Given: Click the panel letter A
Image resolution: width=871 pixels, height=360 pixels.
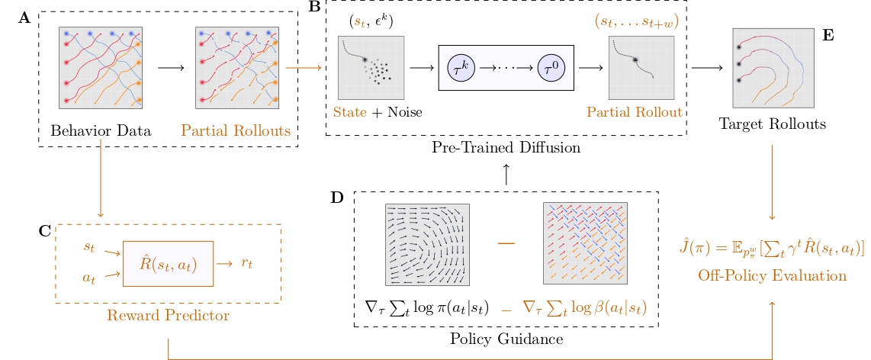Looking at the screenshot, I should click(24, 18).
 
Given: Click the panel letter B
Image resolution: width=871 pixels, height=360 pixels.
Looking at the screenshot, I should click(314, 8).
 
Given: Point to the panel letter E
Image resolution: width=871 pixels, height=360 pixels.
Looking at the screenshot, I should click(828, 35).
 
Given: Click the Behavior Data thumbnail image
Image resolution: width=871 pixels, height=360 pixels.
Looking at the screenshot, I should click(101, 68).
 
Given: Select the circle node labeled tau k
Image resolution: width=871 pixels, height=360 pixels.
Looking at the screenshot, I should click(461, 68).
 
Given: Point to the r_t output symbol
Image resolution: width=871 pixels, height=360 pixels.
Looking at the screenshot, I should click(246, 263).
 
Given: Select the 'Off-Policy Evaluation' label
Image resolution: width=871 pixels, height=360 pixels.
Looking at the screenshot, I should click(772, 275).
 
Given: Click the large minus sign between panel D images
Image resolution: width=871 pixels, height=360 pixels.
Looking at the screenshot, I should click(506, 243).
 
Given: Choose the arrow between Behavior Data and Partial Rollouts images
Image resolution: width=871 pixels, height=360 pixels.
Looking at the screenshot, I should click(170, 68).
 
